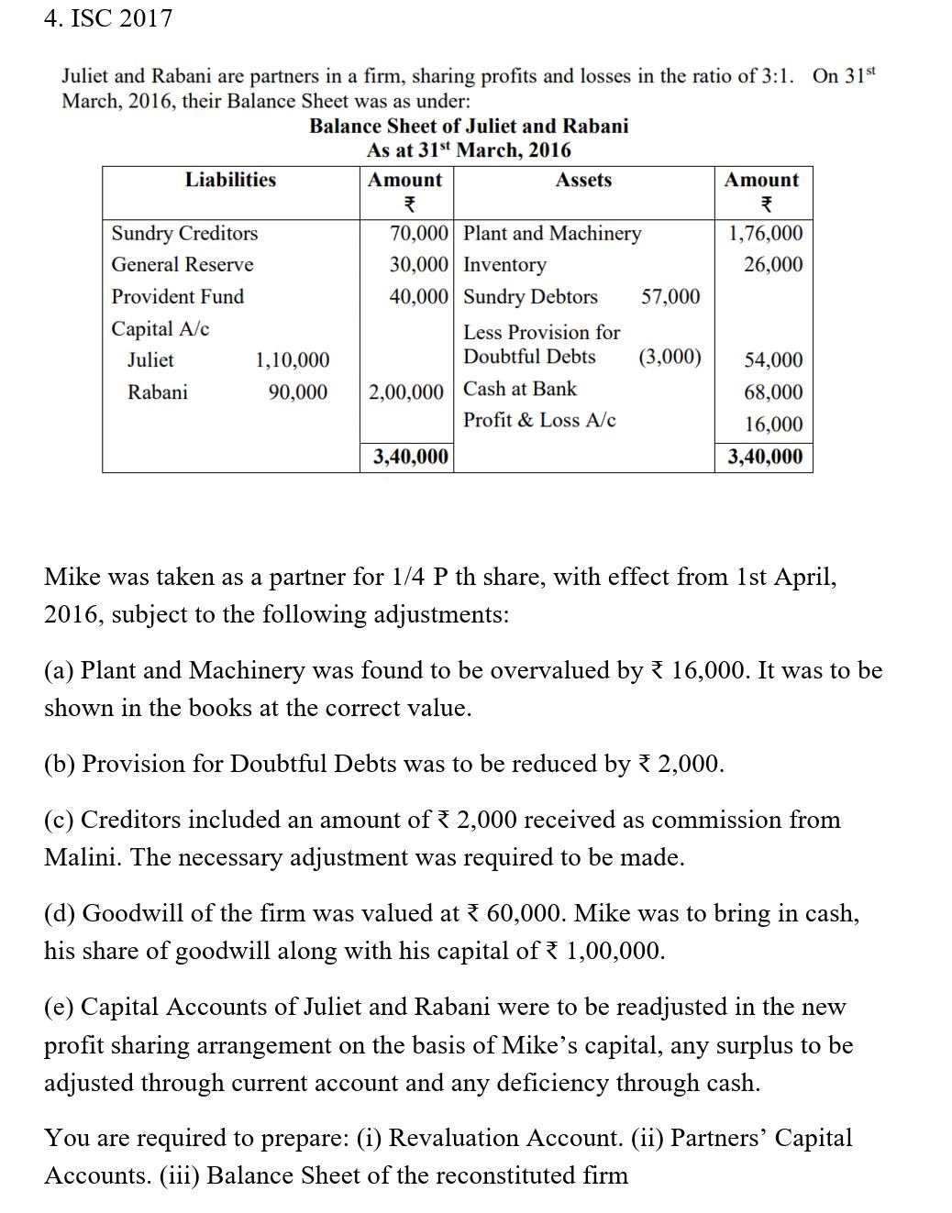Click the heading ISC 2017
click(107, 18)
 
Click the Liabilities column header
click(230, 180)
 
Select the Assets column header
click(583, 180)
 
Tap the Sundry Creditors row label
click(184, 233)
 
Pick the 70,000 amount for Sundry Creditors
click(419, 233)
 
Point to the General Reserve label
click(183, 264)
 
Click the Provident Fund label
click(178, 296)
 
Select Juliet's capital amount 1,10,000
click(292, 360)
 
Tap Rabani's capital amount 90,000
click(297, 392)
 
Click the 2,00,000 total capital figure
click(406, 392)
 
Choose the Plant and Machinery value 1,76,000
click(765, 233)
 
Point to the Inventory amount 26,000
click(773, 264)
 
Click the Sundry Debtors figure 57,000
click(670, 296)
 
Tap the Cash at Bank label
click(520, 389)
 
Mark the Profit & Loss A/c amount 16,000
click(773, 424)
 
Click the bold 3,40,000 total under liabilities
click(411, 456)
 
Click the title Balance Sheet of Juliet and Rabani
click(469, 126)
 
